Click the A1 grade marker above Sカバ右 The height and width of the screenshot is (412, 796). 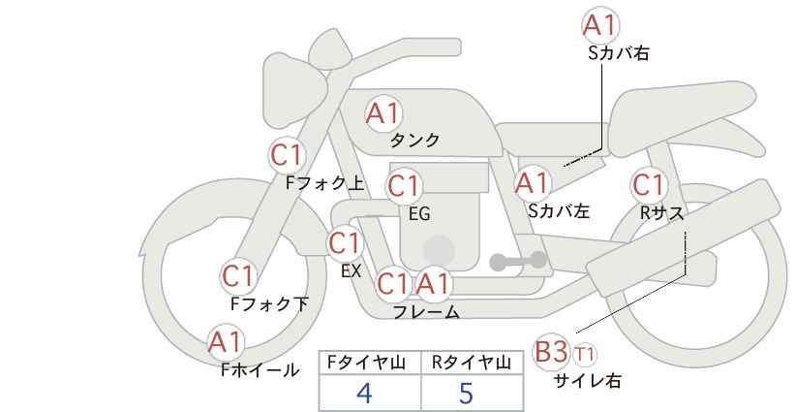(600, 24)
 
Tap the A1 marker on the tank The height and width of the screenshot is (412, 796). (383, 113)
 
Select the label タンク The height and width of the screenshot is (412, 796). (414, 141)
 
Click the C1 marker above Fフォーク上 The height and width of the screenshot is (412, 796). (287, 154)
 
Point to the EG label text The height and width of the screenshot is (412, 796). (419, 213)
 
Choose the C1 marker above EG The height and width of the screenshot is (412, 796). (404, 185)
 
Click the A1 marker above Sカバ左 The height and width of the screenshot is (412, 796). (532, 182)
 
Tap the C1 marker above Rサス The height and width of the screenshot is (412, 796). (648, 184)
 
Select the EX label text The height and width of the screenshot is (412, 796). (351, 271)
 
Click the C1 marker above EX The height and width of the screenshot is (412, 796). (345, 242)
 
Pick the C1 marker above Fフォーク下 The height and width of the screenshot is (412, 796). (237, 276)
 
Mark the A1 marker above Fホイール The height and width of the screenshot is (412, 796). (226, 342)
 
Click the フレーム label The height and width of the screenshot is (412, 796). (426, 312)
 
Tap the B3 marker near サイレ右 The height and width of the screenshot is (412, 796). (551, 352)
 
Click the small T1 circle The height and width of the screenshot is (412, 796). (585, 353)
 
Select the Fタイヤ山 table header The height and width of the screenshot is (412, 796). (370, 364)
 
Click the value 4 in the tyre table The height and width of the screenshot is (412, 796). (364, 394)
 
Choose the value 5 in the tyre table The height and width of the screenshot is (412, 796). (466, 394)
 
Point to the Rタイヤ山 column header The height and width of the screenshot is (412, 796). (471, 364)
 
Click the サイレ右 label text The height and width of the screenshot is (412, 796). (587, 381)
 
